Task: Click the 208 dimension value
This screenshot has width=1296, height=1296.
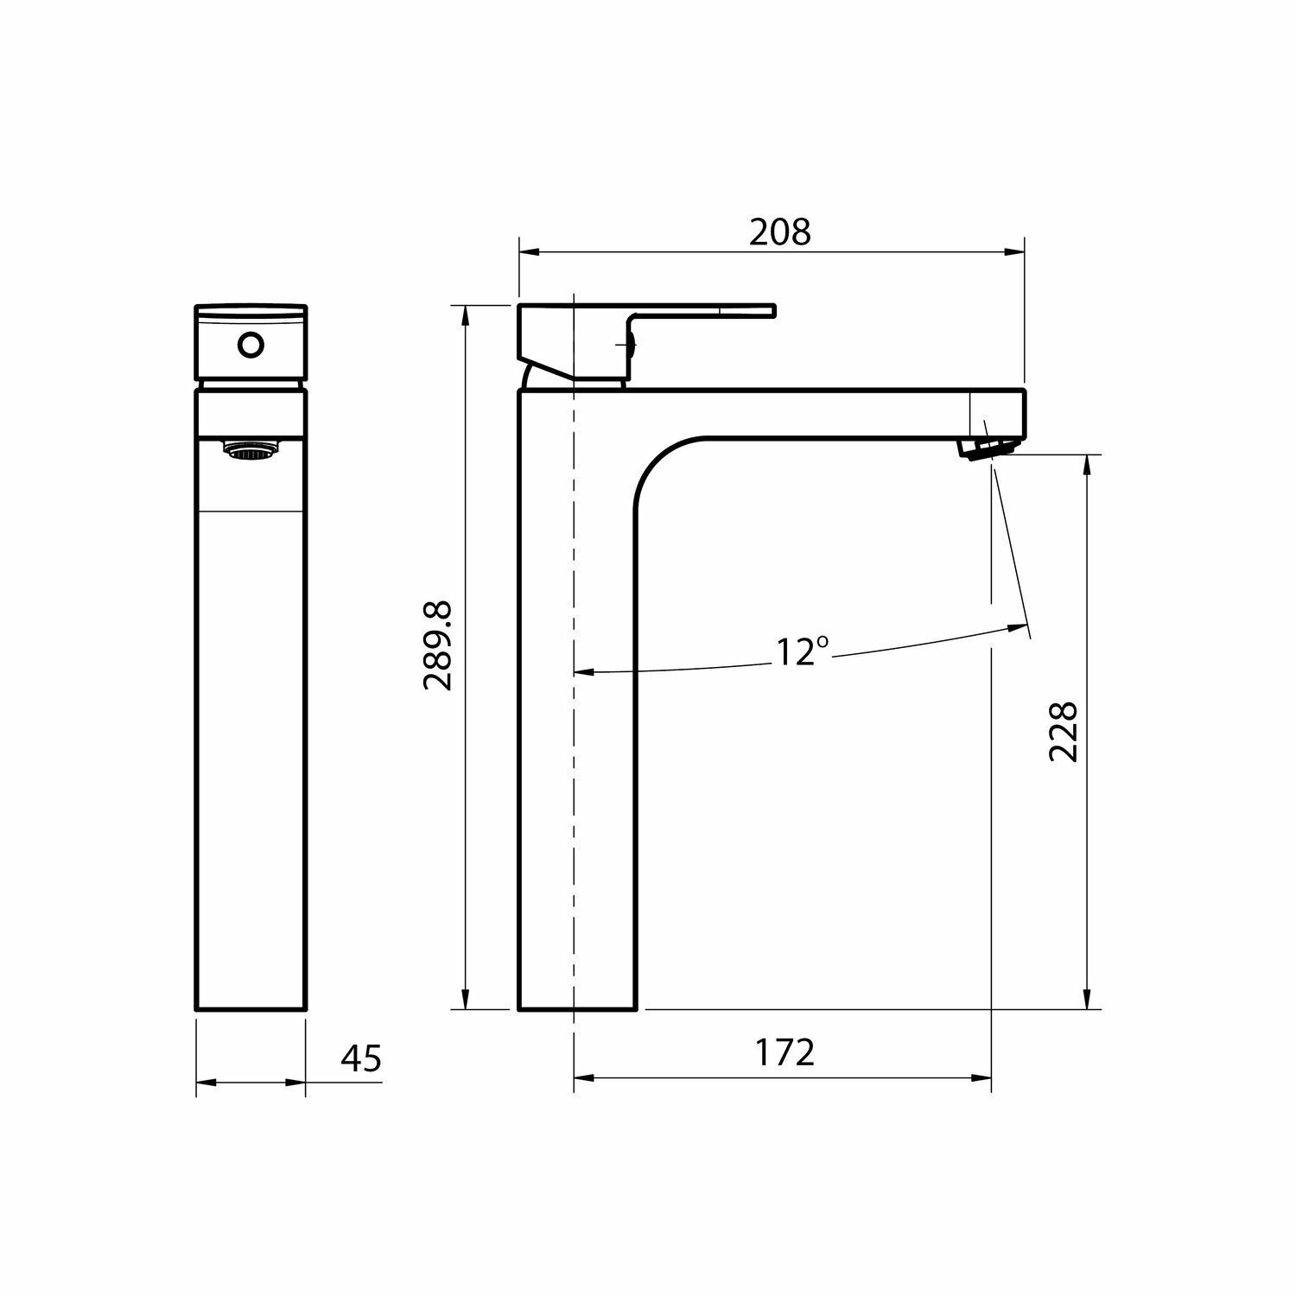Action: click(x=779, y=232)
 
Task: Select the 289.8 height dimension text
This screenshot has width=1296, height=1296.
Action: click(x=438, y=645)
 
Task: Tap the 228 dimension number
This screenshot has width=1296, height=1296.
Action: click(x=1063, y=730)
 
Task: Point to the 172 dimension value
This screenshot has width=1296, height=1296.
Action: click(x=785, y=1052)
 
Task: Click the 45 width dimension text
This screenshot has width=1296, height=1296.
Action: click(x=361, y=1058)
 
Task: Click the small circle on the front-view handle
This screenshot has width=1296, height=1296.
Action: click(x=251, y=346)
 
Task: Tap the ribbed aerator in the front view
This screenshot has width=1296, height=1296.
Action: click(x=251, y=450)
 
